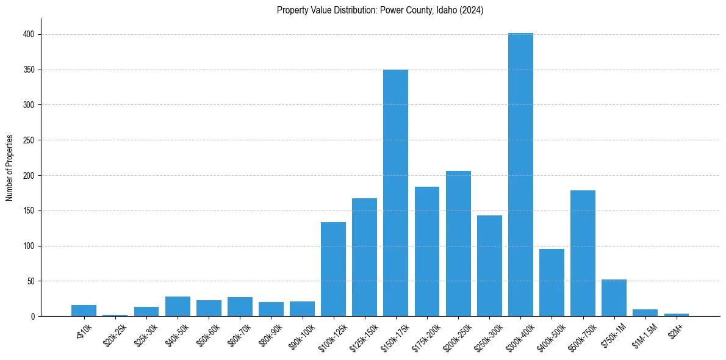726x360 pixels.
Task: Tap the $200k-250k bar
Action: pyautogui.click(x=458, y=243)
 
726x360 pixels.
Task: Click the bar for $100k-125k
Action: pyautogui.click(x=333, y=269)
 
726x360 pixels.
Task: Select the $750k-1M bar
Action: pyautogui.click(x=614, y=298)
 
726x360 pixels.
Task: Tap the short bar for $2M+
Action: pyautogui.click(x=676, y=315)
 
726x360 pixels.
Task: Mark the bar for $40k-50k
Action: pyautogui.click(x=178, y=306)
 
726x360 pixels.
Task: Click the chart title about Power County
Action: pyautogui.click(x=380, y=10)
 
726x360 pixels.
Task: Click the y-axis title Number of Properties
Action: pyautogui.click(x=10, y=168)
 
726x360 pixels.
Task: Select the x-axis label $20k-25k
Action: pyautogui.click(x=114, y=334)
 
